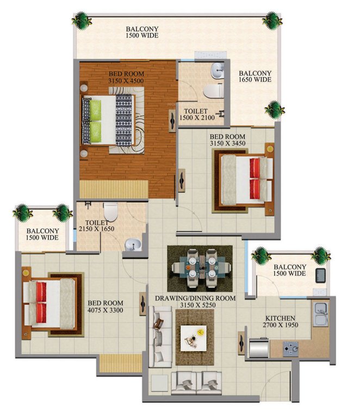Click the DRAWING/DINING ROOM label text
pyautogui.click(x=195, y=299)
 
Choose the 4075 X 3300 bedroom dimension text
pyautogui.click(x=105, y=310)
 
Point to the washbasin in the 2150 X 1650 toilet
pyautogui.click(x=132, y=245)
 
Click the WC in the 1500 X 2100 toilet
pyautogui.click(x=216, y=90)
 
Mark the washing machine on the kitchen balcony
pyautogui.click(x=321, y=273)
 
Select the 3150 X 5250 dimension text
pyautogui.click(x=195, y=306)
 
